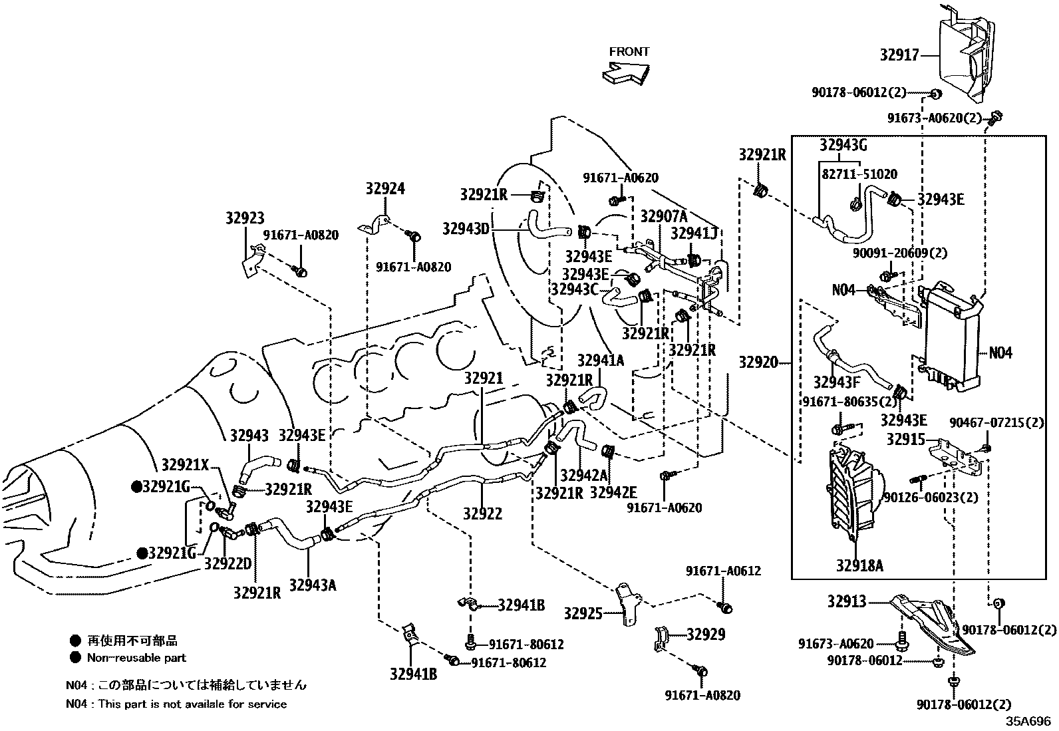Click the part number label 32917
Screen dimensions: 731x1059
(x=899, y=55)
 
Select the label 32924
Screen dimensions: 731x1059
(x=384, y=189)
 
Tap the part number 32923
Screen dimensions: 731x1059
(x=244, y=218)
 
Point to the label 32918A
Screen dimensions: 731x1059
(x=859, y=565)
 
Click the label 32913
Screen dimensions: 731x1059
(x=847, y=601)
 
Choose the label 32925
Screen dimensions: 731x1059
(x=583, y=613)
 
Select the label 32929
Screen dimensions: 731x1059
(x=706, y=635)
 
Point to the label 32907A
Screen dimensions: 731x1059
(x=663, y=216)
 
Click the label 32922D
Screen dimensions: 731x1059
(x=227, y=563)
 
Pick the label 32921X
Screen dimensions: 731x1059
(x=185, y=465)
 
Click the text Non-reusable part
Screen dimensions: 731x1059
(x=136, y=658)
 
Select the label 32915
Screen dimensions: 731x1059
(x=905, y=440)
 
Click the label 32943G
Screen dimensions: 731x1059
(x=843, y=145)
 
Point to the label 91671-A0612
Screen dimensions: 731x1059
(x=723, y=571)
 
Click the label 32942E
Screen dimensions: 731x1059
(x=613, y=492)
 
